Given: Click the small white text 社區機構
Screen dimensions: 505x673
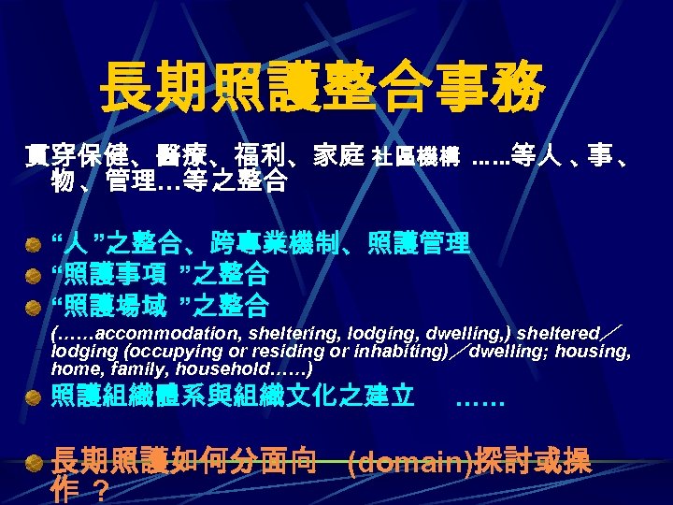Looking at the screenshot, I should [415, 160].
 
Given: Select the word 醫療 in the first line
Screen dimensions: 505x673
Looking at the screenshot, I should [182, 158].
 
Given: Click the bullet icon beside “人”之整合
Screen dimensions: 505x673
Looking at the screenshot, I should [34, 245].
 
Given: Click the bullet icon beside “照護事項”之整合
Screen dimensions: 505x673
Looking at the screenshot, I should [34, 274].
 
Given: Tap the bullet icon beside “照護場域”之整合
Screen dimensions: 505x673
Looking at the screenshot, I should [34, 305].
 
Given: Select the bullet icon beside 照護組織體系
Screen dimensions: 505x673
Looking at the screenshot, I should [34, 396].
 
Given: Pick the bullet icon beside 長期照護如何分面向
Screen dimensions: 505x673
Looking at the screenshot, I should [34, 462].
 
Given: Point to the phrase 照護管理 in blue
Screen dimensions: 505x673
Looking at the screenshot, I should [431, 245].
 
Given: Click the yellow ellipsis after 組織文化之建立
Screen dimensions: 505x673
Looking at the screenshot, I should [480, 398].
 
